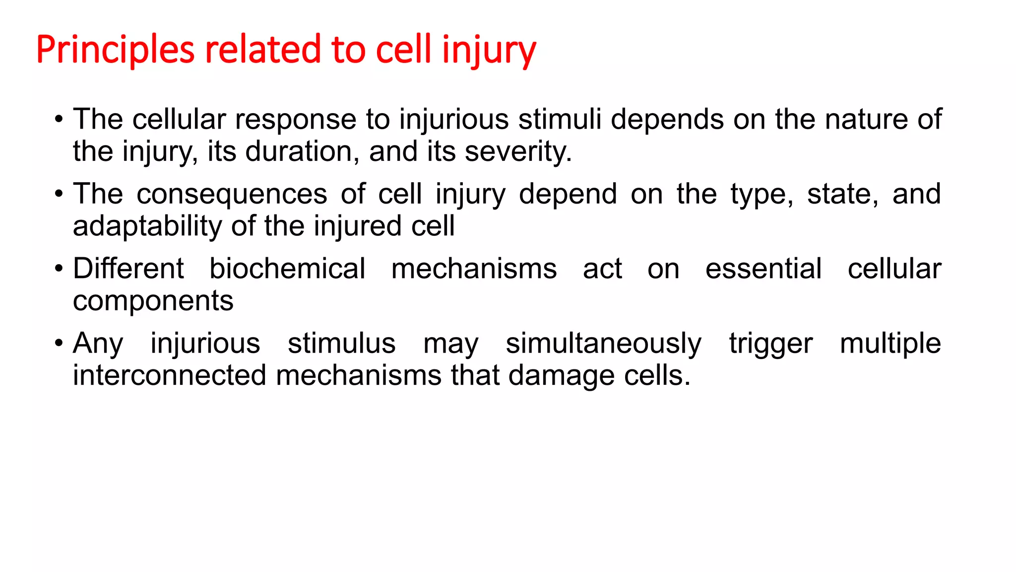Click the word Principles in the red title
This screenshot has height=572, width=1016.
tap(115, 50)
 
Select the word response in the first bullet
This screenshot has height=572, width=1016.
tap(295, 120)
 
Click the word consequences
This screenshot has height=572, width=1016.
tap(232, 194)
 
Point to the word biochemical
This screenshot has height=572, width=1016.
tap(287, 269)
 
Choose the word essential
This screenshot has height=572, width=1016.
tap(763, 269)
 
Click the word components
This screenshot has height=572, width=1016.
tap(153, 301)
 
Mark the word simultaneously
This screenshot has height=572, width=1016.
tap(603, 344)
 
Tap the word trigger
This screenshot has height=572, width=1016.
tap(770, 344)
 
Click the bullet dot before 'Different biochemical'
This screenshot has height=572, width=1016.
tap(59, 269)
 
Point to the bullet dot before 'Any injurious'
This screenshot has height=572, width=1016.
tap(59, 343)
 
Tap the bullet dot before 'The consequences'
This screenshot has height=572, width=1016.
tap(59, 194)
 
